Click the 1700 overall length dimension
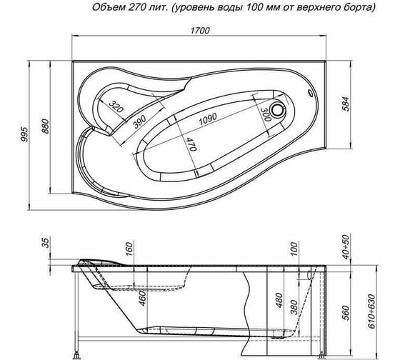(200, 31)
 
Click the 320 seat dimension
(116, 106)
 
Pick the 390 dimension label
(139, 121)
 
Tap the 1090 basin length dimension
(207, 119)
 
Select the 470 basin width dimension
(191, 144)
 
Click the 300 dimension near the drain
(266, 114)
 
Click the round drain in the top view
(278, 110)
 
